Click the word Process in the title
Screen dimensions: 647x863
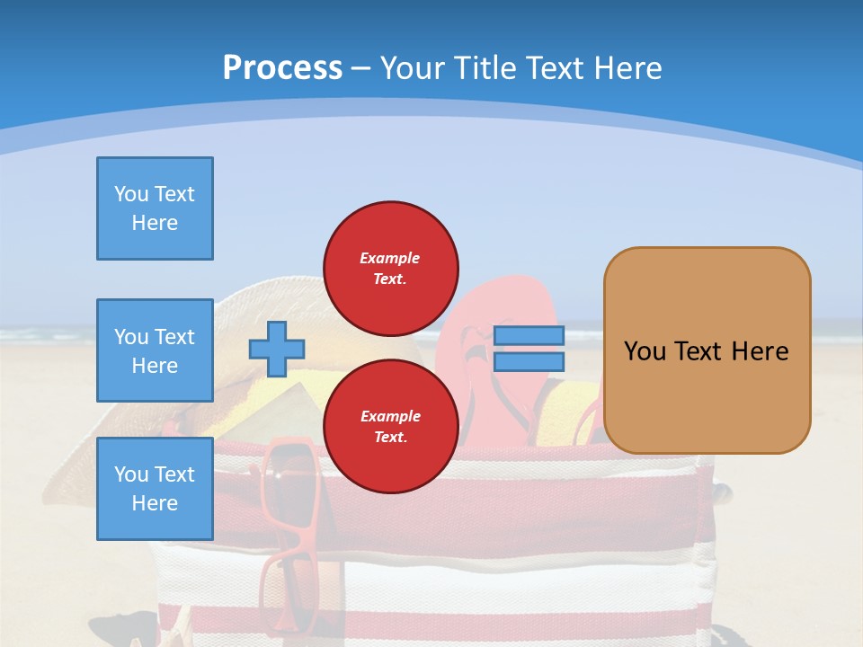(x=282, y=68)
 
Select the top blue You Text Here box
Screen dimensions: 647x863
(x=155, y=208)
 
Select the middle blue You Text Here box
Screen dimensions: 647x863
(x=155, y=350)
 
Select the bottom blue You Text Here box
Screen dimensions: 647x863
(x=155, y=488)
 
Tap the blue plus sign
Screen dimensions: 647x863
(x=277, y=349)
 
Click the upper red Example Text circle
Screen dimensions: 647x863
(x=390, y=268)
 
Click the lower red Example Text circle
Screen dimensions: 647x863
(x=390, y=426)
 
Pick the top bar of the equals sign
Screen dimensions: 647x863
(x=529, y=336)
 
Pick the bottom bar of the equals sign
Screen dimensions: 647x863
(x=529, y=362)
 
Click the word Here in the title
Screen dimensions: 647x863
(x=627, y=68)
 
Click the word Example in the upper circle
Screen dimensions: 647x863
(x=390, y=258)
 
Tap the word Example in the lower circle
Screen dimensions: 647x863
(x=390, y=416)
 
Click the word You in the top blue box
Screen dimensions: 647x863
(x=131, y=194)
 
